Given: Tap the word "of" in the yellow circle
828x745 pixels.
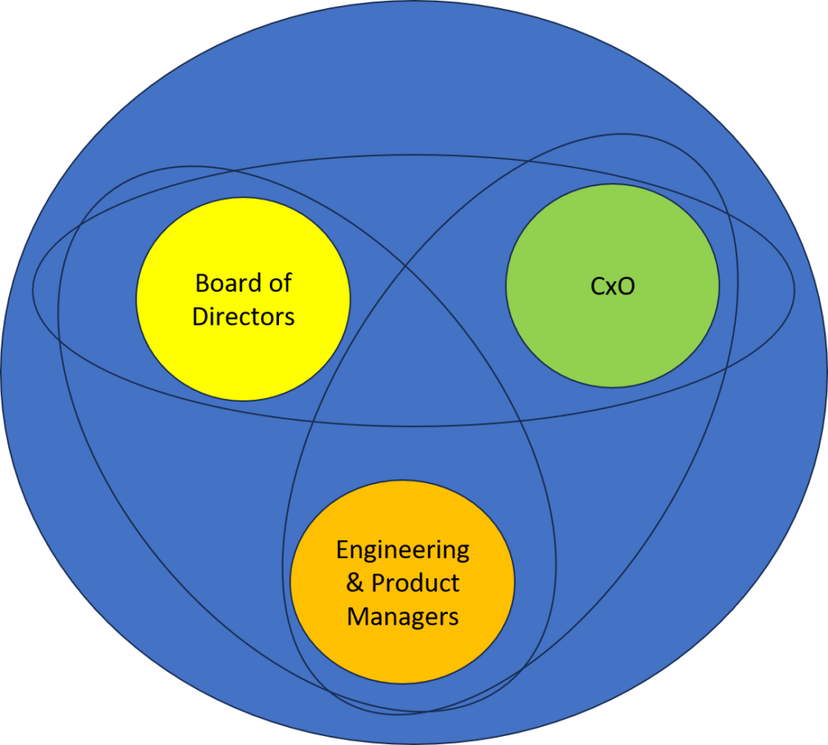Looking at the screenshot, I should [x=278, y=284].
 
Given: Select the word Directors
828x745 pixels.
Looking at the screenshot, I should [x=243, y=316].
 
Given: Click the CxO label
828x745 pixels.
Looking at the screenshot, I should [x=612, y=286].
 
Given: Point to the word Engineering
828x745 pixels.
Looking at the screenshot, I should [x=403, y=551].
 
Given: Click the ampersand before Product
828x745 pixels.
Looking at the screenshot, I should [x=355, y=583].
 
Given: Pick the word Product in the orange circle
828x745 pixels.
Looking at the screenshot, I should [x=415, y=583].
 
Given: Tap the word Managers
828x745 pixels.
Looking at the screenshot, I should [x=403, y=616].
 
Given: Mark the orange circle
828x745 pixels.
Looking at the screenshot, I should [x=403, y=655].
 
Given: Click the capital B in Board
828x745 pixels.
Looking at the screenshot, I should [x=203, y=284].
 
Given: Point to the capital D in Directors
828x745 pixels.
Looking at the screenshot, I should [x=199, y=316].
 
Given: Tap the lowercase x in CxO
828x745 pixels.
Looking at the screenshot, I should [x=612, y=288].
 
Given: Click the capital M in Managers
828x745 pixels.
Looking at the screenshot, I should [x=357, y=616].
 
